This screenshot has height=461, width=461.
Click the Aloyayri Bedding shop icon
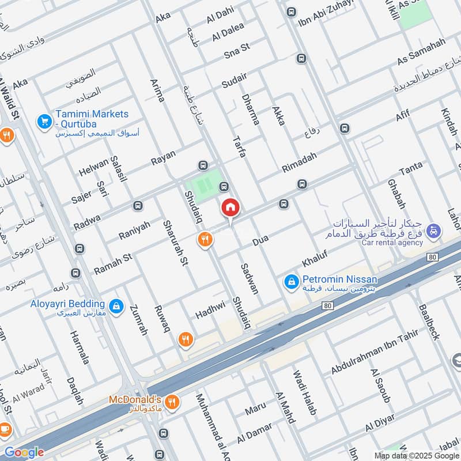(117, 306)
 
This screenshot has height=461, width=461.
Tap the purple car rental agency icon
(435, 232)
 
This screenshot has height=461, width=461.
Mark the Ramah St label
(113, 264)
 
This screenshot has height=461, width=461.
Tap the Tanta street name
(410, 168)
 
